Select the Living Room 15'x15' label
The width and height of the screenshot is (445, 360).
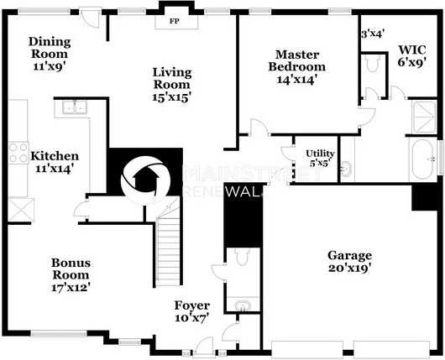(x=171, y=85)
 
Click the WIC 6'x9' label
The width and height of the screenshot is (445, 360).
(x=412, y=55)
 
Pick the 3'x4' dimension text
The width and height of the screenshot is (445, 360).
(x=371, y=34)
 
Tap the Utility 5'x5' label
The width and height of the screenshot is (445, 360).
(x=321, y=158)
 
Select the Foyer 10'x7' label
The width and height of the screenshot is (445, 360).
(x=191, y=310)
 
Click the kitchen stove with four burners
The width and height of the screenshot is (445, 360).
(x=19, y=153)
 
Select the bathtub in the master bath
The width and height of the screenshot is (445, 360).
(x=424, y=159)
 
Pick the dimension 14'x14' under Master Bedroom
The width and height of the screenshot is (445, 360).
(x=296, y=81)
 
